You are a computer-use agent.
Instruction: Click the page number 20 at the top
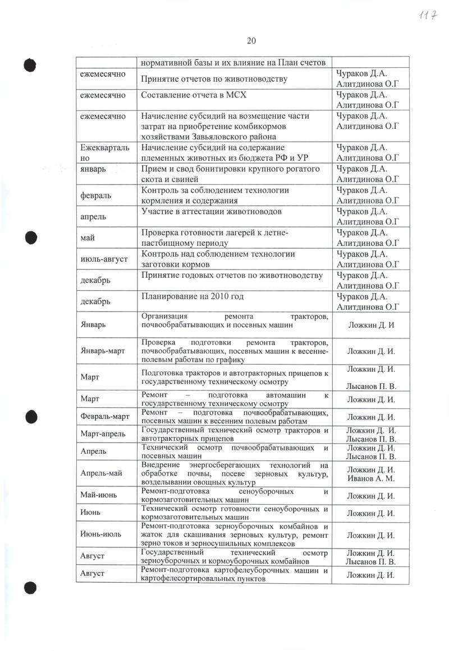tap(251, 40)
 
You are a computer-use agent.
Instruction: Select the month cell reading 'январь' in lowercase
tap(94, 169)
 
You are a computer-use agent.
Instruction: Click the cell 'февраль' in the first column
tap(97, 196)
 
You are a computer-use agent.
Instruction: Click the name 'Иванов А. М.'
tap(371, 479)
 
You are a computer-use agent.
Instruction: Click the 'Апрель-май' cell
tap(102, 474)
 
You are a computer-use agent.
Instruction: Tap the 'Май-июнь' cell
tap(99, 495)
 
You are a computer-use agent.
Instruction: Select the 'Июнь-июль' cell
tap(101, 534)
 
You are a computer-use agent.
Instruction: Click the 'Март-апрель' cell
tap(103, 434)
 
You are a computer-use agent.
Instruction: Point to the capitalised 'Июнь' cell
tap(90, 513)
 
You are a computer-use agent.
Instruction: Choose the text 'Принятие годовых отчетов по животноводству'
tap(232, 275)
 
